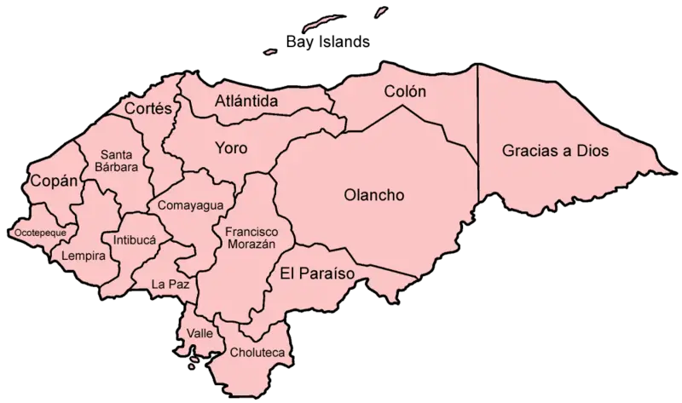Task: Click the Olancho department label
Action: pos(373,194)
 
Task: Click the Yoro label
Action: pos(230,148)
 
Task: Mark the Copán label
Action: pos(54,181)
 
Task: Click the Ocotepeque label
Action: pos(41,231)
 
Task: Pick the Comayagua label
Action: pos(185,205)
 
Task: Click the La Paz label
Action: pos(168,282)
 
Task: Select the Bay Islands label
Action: pos(329,41)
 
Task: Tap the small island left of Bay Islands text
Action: pos(271,50)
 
